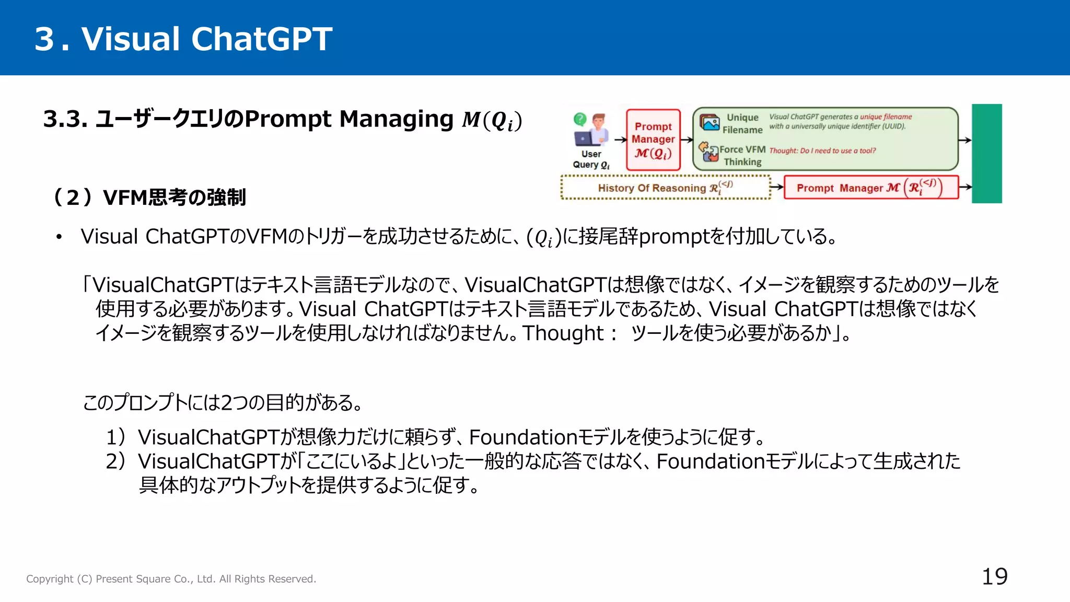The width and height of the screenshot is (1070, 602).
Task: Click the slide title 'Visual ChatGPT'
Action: coord(206,39)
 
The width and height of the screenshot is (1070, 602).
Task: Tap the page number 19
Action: coord(994,577)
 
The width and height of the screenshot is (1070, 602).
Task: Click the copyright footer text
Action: coord(171,579)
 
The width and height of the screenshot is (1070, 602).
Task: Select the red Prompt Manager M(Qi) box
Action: coord(653,140)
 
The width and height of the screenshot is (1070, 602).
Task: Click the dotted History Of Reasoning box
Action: coord(665,188)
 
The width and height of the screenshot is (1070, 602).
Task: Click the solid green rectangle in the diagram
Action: coord(986,153)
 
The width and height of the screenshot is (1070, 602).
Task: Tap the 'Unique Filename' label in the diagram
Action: coord(742,123)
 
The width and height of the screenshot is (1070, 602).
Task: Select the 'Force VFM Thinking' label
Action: coord(742,155)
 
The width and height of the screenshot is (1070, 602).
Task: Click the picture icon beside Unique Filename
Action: coord(710,123)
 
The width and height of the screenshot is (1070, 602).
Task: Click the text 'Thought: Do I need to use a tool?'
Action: coord(822,150)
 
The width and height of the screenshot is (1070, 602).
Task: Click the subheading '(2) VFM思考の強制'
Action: coord(149,198)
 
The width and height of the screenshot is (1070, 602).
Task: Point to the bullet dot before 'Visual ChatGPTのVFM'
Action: coord(59,237)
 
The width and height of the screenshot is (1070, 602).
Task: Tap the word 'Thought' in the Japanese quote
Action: coord(563,333)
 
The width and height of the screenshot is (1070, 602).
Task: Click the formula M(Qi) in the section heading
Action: coord(491,120)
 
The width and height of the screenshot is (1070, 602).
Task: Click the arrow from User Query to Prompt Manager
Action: coord(620,140)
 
